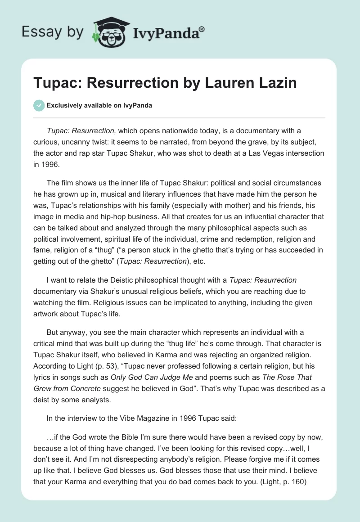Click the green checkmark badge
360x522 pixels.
tap(39, 105)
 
